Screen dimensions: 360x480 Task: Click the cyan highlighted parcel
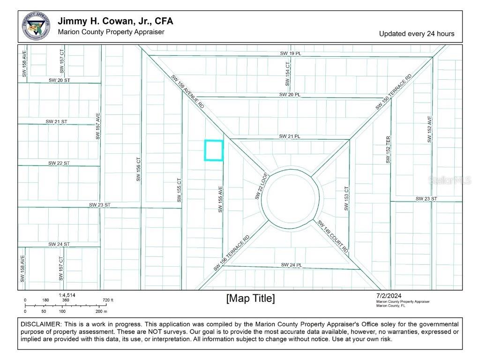tap(214, 150)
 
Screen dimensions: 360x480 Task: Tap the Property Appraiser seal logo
tap(36, 26)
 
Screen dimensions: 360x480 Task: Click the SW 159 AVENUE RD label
tap(187, 92)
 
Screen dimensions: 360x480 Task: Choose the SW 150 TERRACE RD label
tap(394, 92)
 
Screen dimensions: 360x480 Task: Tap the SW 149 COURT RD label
tap(333, 237)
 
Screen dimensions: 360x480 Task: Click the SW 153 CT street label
tap(347, 199)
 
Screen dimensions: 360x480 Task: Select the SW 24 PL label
tap(291, 265)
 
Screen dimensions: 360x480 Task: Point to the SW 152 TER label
tap(388, 150)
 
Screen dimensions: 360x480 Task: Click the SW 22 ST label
tap(59, 163)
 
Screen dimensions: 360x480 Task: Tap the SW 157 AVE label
tap(98, 126)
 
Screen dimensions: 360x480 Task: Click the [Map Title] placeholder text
tap(250, 299)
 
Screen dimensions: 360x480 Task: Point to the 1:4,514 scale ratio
tap(67, 295)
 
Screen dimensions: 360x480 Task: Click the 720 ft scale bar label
tap(108, 300)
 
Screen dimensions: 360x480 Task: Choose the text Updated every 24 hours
tap(416, 34)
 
